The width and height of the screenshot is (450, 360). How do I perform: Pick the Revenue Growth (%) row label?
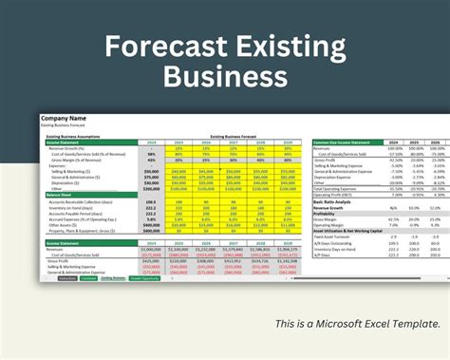tap(66, 148)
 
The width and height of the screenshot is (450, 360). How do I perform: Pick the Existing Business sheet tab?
tap(112, 278)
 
